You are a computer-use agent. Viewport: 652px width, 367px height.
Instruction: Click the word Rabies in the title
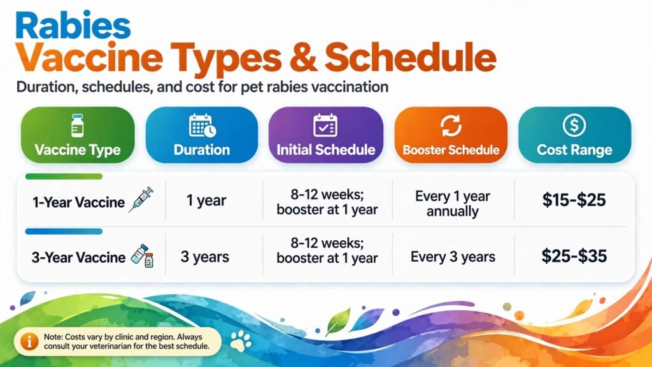pyautogui.click(x=73, y=25)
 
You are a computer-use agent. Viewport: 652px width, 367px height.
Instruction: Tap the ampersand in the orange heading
pyautogui.click(x=302, y=58)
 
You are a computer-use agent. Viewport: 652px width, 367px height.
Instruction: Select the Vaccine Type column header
pyautogui.click(x=78, y=135)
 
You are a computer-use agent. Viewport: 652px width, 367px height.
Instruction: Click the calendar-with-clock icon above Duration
pyautogui.click(x=202, y=126)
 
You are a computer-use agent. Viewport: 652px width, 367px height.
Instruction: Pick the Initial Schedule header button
pyautogui.click(x=326, y=135)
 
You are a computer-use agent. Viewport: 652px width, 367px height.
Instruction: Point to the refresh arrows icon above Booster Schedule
pyautogui.click(x=451, y=126)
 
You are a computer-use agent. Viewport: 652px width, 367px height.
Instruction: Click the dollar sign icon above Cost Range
pyautogui.click(x=574, y=125)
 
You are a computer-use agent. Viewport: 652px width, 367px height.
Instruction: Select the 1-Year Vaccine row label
pyautogui.click(x=78, y=203)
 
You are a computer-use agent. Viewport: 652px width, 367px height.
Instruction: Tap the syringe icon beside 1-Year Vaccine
pyautogui.click(x=141, y=199)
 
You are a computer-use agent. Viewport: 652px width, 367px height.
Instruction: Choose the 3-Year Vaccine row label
pyautogui.click(x=78, y=257)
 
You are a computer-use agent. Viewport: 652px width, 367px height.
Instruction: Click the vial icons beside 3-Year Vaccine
pyautogui.click(x=142, y=255)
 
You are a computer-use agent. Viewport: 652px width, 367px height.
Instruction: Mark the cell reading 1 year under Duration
pyautogui.click(x=206, y=201)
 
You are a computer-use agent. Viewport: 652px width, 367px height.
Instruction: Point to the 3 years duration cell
pyautogui.click(x=204, y=257)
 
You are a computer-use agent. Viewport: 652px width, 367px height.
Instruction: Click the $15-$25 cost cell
pyautogui.click(x=574, y=200)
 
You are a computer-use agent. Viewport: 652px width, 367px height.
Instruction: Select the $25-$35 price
pyautogui.click(x=574, y=256)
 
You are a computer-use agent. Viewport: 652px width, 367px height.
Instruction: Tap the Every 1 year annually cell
pyautogui.click(x=453, y=203)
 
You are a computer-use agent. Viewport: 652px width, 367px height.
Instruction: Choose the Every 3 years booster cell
pyautogui.click(x=453, y=257)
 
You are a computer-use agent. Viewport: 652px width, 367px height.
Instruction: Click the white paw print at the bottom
pyautogui.click(x=241, y=341)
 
